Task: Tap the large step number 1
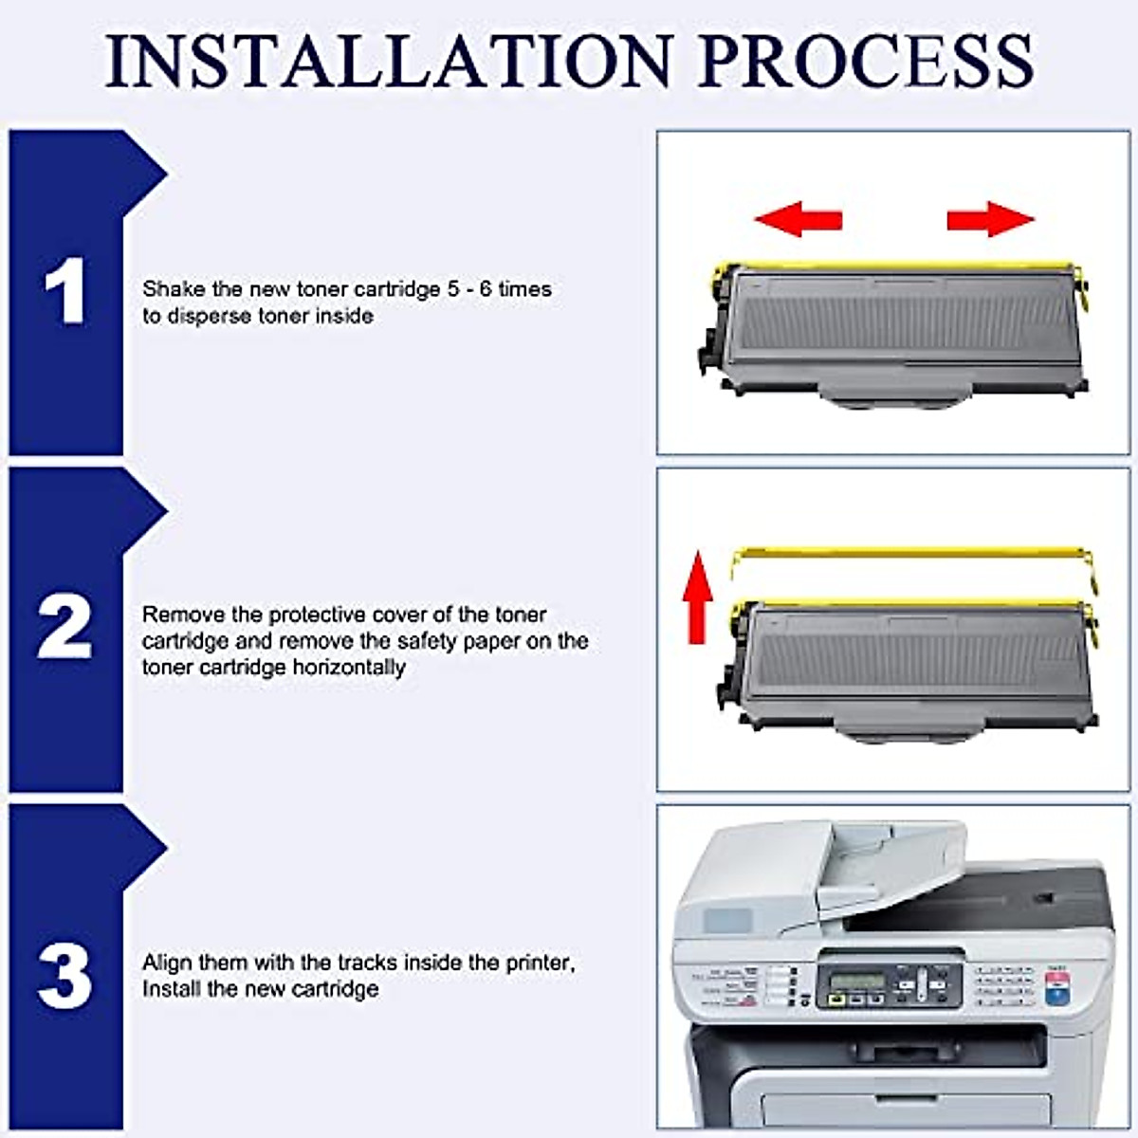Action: (x=65, y=291)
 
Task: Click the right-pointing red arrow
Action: (x=990, y=219)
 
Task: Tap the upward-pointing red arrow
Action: (x=698, y=597)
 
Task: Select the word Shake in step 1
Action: (x=174, y=289)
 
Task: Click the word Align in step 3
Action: (x=167, y=963)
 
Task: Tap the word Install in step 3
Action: (x=172, y=989)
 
